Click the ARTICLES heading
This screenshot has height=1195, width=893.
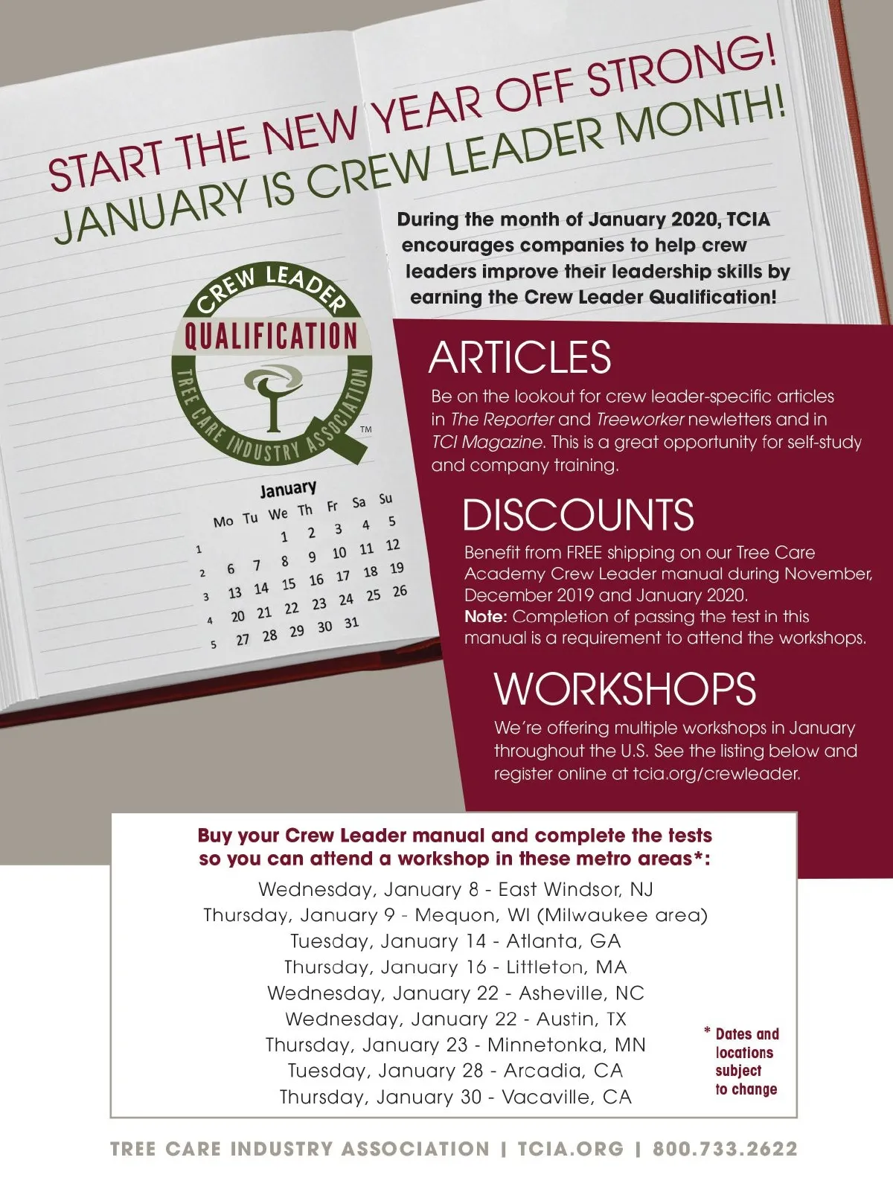pos(519,358)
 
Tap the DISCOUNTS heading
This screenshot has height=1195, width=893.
pos(578,515)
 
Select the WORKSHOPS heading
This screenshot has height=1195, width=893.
pos(625,689)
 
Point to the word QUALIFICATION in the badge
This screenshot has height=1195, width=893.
pos(271,336)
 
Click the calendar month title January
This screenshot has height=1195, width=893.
pos(288,489)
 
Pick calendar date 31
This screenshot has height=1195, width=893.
pos(351,623)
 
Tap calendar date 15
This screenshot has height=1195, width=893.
pos(289,585)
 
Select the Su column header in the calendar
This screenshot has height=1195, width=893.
pos(385,499)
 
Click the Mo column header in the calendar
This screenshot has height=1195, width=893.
pos(223,522)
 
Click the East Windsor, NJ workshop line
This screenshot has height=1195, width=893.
pos(455,889)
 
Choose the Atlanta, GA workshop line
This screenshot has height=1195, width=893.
pos(455,941)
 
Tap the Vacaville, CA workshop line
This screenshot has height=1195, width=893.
pos(455,1097)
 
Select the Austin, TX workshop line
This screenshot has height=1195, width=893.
pos(455,1019)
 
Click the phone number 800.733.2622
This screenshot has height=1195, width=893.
pos(725,1149)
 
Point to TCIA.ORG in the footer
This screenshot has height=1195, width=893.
pos(571,1149)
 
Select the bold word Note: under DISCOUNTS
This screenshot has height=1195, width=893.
pos(485,617)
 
